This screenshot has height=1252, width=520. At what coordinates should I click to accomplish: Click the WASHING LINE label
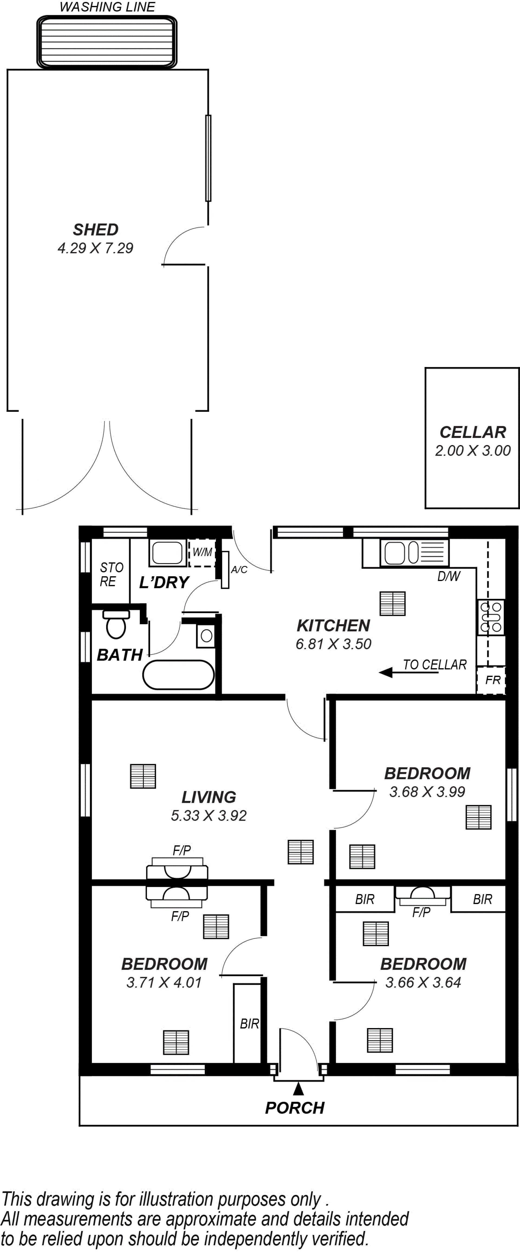coord(107,7)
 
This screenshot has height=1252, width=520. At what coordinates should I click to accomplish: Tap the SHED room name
coord(96,229)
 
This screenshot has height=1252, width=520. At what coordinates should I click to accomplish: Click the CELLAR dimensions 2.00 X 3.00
coord(472,450)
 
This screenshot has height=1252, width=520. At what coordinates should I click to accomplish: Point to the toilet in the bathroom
coord(116,624)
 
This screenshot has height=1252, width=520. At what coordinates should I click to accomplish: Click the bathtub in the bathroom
coord(178,675)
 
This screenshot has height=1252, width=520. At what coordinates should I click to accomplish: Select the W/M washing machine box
coord(202,553)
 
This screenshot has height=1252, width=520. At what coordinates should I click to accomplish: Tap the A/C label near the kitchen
coord(239,570)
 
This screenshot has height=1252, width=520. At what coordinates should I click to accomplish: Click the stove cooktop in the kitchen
coord(491,617)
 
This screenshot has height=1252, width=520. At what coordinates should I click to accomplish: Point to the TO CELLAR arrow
coord(409,673)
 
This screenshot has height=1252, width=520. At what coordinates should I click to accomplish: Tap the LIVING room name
coord(209,797)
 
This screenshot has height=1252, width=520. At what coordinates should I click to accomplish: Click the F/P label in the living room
coord(181,850)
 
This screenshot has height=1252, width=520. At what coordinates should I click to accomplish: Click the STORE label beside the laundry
coord(111,574)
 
